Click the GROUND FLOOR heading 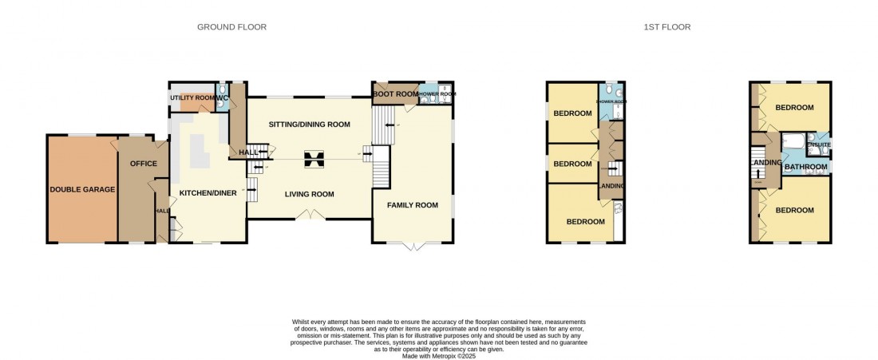pos(231,27)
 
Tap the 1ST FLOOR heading pos(666,27)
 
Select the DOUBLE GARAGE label pos(82,189)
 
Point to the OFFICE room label pos(143,164)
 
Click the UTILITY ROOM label pos(192,97)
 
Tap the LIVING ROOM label pos(310,194)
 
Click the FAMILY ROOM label pos(413,205)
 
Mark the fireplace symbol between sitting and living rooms pos(311,160)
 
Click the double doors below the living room pos(308,215)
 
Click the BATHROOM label pos(805,167)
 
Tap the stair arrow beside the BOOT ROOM pos(386,125)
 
